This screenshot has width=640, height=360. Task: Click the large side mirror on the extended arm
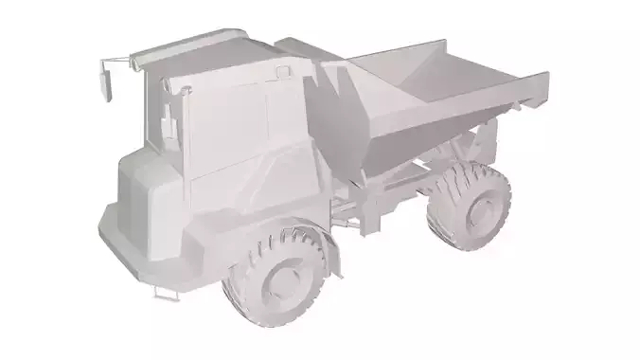107,83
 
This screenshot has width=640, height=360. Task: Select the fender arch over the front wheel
303,227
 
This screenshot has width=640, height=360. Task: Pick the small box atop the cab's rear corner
284,71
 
